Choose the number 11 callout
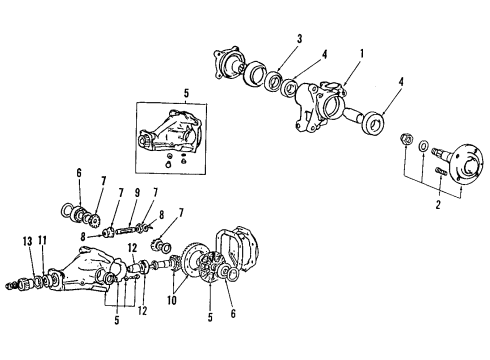coord(43,241)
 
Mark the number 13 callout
coord(26,241)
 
